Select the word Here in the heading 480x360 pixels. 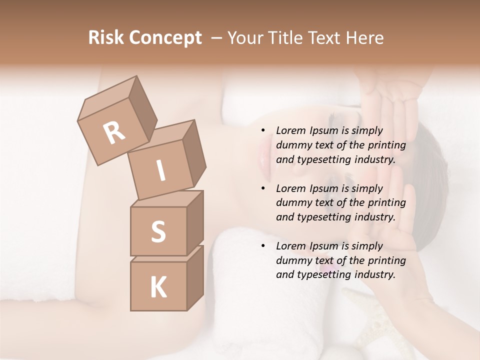[x=364, y=38]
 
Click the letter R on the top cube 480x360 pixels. [x=114, y=133]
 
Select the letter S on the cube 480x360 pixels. [x=158, y=231]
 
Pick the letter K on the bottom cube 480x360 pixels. [x=158, y=287]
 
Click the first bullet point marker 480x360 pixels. [x=263, y=131]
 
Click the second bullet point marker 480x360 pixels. [x=263, y=189]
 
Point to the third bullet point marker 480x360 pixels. [x=263, y=246]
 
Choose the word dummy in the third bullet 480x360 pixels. [x=291, y=260]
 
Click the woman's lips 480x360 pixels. [x=263, y=155]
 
